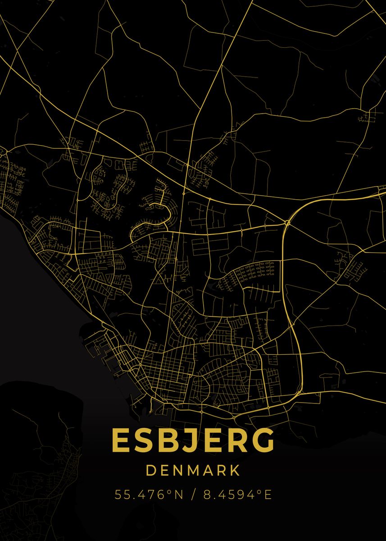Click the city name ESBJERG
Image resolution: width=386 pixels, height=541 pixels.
pos(193,440)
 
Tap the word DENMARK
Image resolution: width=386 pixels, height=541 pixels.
pos(193,471)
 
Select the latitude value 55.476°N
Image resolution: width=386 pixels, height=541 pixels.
pos(149,495)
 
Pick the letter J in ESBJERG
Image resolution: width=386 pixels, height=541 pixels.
pos(187,440)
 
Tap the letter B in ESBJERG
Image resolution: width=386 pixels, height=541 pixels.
pos(165,440)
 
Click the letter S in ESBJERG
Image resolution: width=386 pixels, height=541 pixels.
pos(142,440)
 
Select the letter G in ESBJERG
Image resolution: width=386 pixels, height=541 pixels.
pos(263,440)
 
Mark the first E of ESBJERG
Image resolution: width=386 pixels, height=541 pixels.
pos(120,440)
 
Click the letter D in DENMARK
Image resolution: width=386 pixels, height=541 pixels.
pos(151,471)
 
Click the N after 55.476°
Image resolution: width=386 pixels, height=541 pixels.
pos(178,495)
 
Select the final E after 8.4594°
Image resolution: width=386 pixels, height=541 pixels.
pos(268,495)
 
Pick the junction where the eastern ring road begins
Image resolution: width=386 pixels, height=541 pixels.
pos(287,222)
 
